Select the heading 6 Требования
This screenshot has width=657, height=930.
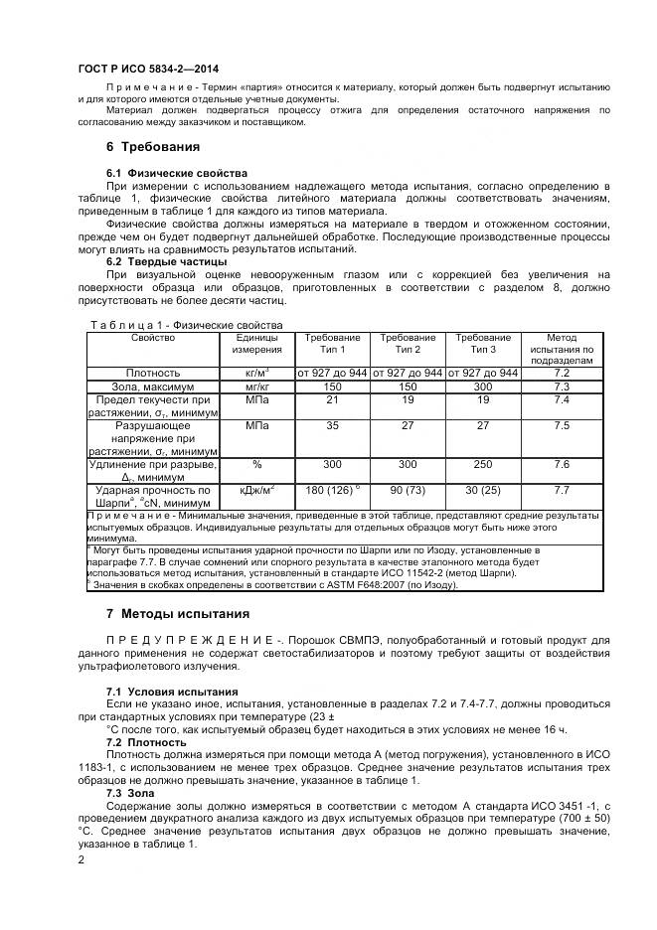(x=153, y=147)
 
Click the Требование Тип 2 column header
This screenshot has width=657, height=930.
(x=408, y=344)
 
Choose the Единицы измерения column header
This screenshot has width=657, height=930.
(x=256, y=344)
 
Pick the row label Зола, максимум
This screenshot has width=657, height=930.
(x=152, y=386)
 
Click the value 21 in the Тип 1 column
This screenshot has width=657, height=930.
(x=332, y=398)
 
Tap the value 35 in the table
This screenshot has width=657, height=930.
(x=332, y=425)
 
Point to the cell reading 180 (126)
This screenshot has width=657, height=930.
(x=332, y=490)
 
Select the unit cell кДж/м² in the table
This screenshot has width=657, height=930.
(x=256, y=490)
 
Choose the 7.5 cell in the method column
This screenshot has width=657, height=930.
(x=561, y=425)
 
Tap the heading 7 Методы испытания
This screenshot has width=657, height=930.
(x=178, y=613)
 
